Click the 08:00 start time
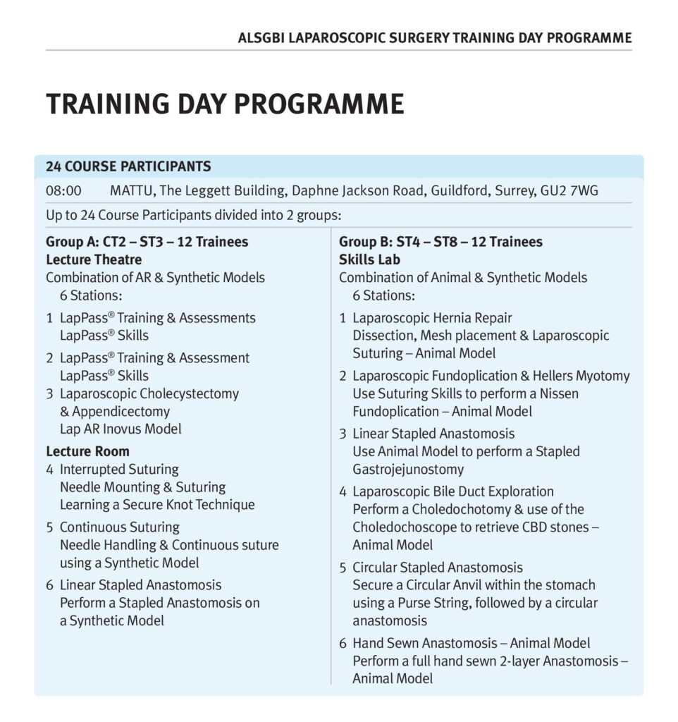63,191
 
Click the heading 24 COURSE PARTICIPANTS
128,167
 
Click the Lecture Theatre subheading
94,259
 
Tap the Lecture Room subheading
87,451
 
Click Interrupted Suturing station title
119,469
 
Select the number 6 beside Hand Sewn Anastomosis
343,643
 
